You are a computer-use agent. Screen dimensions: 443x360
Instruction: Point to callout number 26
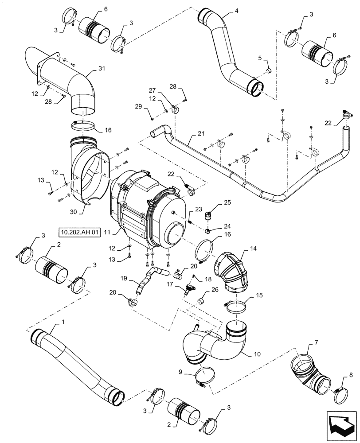(215, 290)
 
